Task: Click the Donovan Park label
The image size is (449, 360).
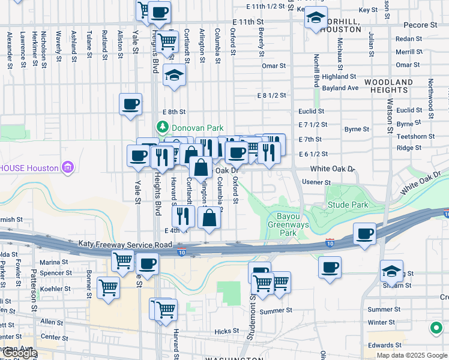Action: tap(197, 128)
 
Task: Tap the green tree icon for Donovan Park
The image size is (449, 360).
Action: tap(162, 127)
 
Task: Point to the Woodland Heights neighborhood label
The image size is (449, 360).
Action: tap(388, 86)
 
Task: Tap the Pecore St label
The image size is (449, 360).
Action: tap(420, 25)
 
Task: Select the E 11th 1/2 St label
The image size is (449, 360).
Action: tap(265, 7)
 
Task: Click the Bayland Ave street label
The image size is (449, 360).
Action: tap(340, 88)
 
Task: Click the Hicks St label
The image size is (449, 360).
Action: tap(226, 331)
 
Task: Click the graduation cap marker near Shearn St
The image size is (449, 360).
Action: tap(391, 271)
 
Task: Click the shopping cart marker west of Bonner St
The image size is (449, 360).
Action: tap(108, 289)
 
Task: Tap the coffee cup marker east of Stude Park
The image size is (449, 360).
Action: tap(364, 233)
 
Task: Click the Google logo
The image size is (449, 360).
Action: tap(19, 353)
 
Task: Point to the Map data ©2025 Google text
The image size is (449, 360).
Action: tap(412, 355)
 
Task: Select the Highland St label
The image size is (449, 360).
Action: tap(339, 77)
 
